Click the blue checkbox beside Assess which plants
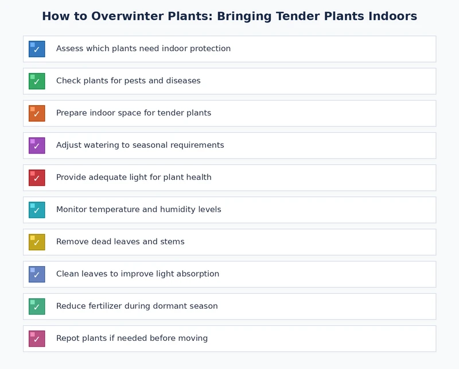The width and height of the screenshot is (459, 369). (x=37, y=49)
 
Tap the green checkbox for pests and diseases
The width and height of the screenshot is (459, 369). (x=37, y=81)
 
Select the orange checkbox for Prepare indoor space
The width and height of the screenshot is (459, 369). (x=37, y=113)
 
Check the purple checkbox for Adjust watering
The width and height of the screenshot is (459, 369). (x=37, y=145)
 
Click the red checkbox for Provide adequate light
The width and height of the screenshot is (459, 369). (x=37, y=178)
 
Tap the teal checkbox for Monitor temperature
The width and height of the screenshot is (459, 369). (x=37, y=210)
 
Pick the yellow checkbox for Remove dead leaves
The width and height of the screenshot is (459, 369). (x=37, y=242)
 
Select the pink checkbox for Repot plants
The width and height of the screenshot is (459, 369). (x=37, y=339)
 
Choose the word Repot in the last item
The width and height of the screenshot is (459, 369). (x=68, y=339)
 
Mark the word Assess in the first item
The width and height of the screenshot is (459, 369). (x=69, y=49)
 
